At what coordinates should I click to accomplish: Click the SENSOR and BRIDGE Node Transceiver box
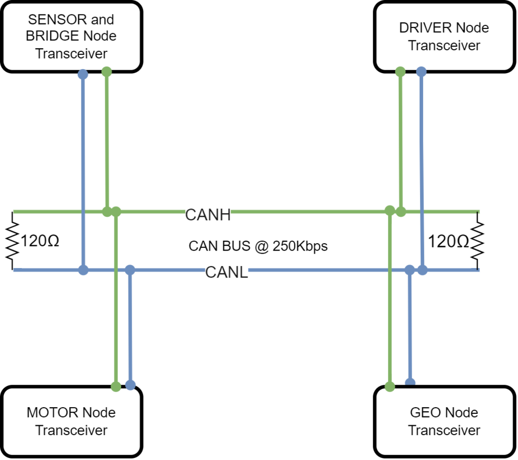[71, 36]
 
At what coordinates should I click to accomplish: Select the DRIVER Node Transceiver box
[444, 36]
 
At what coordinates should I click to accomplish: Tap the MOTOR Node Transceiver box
[71, 421]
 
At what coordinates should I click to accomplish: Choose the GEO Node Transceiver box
[444, 421]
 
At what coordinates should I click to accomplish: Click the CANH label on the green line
[208, 215]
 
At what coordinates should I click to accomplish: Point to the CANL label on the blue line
[227, 272]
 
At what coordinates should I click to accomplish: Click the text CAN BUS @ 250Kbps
[258, 246]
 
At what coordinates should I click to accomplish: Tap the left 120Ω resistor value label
[40, 241]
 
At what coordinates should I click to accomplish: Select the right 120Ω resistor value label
[448, 241]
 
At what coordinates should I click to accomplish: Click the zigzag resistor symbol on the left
[12, 241]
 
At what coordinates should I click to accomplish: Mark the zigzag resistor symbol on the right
[478, 241]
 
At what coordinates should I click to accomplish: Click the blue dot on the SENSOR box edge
[83, 74]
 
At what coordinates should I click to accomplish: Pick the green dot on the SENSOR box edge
[106, 72]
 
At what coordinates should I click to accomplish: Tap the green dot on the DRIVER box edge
[400, 72]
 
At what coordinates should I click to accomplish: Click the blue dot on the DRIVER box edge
[421, 72]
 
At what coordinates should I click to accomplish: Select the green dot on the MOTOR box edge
[116, 386]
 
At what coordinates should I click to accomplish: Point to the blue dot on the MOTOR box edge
[131, 385]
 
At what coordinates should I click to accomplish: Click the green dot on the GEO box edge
[390, 386]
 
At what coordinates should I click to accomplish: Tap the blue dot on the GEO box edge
[410, 383]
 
